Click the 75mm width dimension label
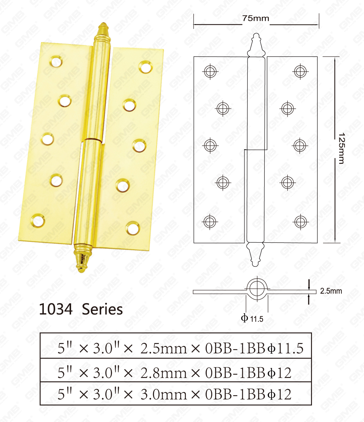[256, 19]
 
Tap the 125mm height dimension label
[342, 148]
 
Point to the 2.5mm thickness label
[331, 291]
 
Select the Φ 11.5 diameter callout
[252, 318]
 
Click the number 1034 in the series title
[56, 309]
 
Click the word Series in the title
[102, 309]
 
